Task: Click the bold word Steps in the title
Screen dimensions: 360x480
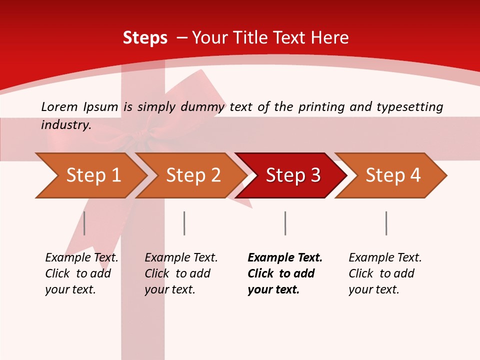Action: pyautogui.click(x=145, y=38)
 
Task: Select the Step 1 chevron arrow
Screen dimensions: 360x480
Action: pyautogui.click(x=90, y=175)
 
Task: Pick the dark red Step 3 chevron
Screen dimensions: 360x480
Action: pyautogui.click(x=292, y=175)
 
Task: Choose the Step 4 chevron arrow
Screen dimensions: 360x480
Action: pyautogui.click(x=392, y=175)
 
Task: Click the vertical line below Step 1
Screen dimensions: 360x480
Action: pyautogui.click(x=84, y=223)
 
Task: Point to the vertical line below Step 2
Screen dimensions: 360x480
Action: pyautogui.click(x=184, y=223)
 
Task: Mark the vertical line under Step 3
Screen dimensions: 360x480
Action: pyautogui.click(x=285, y=223)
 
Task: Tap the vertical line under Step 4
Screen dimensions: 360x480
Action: pyautogui.click(x=386, y=223)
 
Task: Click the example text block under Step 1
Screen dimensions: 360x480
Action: pyautogui.click(x=81, y=273)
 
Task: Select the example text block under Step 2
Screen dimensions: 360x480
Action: pyautogui.click(x=180, y=273)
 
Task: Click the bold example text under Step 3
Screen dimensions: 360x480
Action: pyautogui.click(x=284, y=273)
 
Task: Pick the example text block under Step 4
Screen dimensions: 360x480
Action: pyautogui.click(x=384, y=273)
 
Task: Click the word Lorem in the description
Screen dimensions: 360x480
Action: pyautogui.click(x=59, y=106)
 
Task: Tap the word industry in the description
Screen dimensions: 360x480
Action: pyautogui.click(x=66, y=124)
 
